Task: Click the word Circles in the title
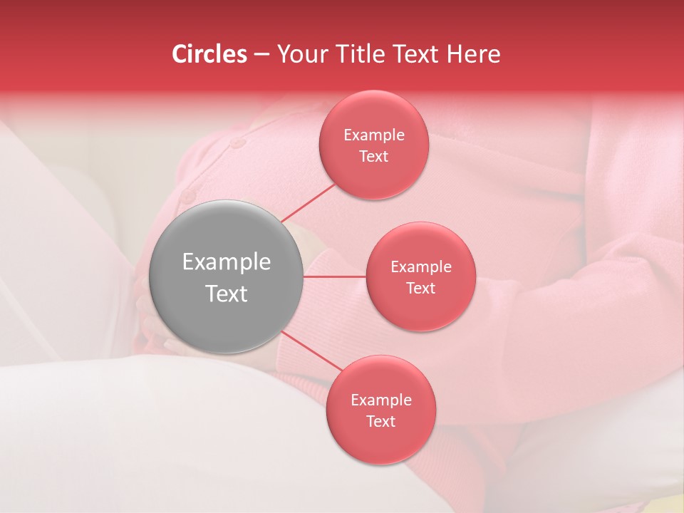pyautogui.click(x=209, y=54)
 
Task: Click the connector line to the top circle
pyautogui.click(x=308, y=202)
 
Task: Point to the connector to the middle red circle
pyautogui.click(x=335, y=276)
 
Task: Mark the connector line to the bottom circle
pyautogui.click(x=310, y=351)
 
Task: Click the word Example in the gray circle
pyautogui.click(x=227, y=262)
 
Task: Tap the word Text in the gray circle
pyautogui.click(x=227, y=294)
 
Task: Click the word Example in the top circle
pyautogui.click(x=374, y=135)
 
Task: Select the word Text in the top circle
pyautogui.click(x=374, y=157)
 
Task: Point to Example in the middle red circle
pyautogui.click(x=421, y=267)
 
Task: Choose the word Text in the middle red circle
pyautogui.click(x=421, y=289)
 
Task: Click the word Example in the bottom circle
pyautogui.click(x=381, y=400)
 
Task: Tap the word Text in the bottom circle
pyautogui.click(x=381, y=422)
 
